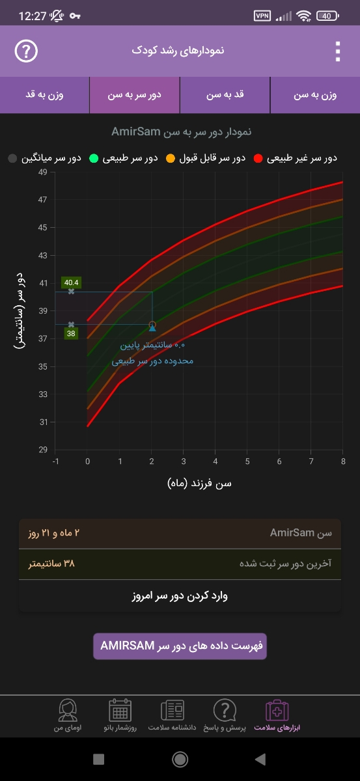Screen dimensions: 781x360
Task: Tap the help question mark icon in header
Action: [x=26, y=51]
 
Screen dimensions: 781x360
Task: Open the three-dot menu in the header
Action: [x=337, y=51]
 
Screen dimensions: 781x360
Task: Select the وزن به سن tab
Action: [x=315, y=95]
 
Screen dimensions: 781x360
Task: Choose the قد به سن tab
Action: [x=225, y=95]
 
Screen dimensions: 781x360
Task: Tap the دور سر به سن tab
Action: [x=135, y=95]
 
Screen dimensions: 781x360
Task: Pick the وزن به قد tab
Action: [x=44, y=95]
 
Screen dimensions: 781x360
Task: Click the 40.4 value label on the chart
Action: [x=70, y=282]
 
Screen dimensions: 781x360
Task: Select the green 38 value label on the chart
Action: [x=71, y=333]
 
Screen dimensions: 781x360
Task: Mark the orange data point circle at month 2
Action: [x=152, y=325]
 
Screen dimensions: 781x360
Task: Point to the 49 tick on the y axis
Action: [x=42, y=172]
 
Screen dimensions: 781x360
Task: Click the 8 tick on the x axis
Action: [x=342, y=461]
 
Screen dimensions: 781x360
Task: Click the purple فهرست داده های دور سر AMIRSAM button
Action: [x=180, y=646]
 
